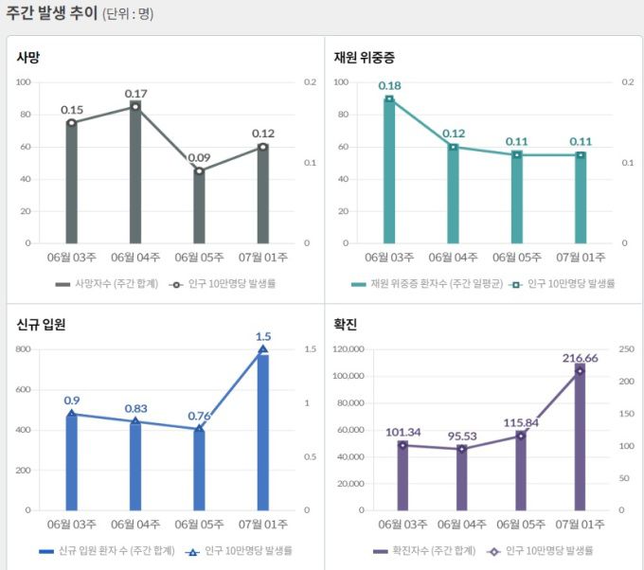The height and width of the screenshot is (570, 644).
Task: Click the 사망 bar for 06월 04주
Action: [135, 175]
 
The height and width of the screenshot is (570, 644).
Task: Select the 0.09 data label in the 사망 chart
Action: [199, 157]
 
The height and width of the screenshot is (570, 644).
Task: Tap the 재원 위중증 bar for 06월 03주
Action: [389, 170]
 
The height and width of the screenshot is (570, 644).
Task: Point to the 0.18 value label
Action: [389, 85]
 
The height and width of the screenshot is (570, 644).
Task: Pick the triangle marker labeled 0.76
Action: [199, 429]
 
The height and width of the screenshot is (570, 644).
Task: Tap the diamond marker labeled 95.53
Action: [462, 448]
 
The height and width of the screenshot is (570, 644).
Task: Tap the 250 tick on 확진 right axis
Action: [625, 349]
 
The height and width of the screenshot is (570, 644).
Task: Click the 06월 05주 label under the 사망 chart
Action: [199, 257]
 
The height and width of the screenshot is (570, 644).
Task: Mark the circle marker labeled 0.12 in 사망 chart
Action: [263, 147]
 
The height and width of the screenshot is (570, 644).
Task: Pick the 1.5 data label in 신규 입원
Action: [263, 336]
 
